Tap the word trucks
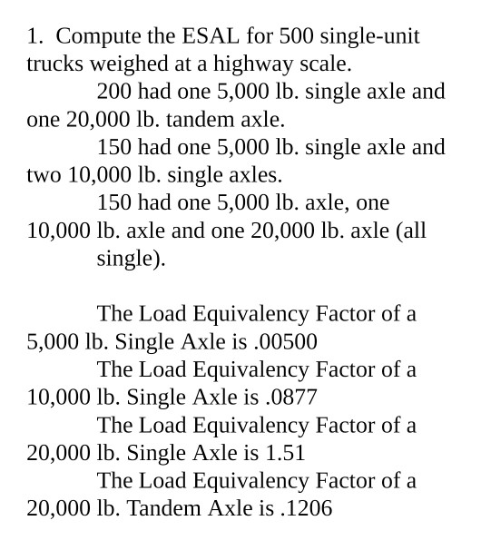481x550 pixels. point(54,64)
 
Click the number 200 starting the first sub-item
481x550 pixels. point(114,93)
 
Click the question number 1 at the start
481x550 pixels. point(34,37)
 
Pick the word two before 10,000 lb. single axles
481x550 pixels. point(44,175)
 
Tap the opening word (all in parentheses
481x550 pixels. point(411,231)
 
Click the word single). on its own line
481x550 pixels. point(132,259)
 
